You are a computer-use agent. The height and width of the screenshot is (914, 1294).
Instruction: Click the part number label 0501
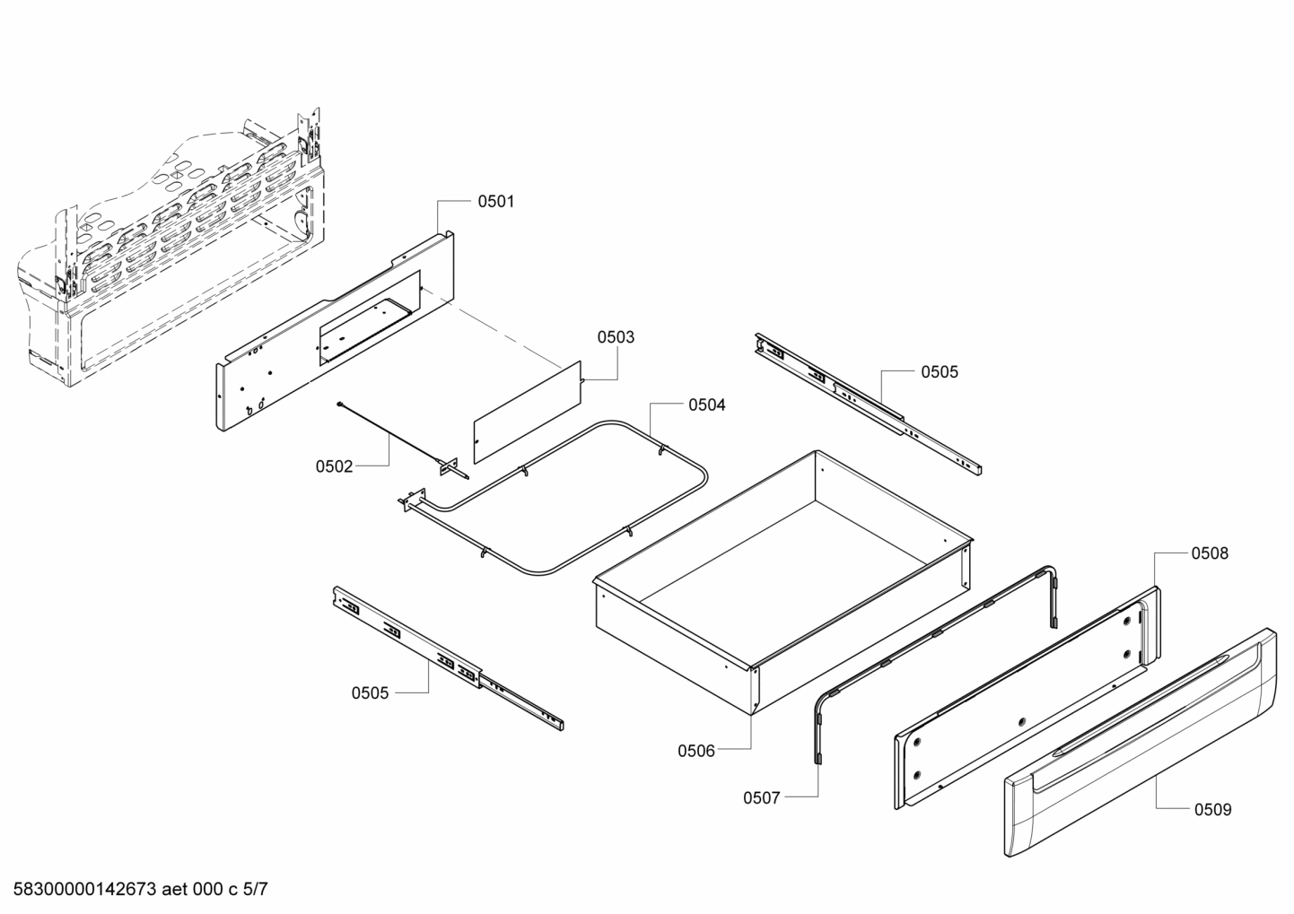pos(495,202)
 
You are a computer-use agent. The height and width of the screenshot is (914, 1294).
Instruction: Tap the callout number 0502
pos(334,466)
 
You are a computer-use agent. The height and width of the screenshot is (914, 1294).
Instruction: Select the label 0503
pos(616,337)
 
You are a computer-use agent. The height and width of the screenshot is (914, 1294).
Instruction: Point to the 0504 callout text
pos(707,405)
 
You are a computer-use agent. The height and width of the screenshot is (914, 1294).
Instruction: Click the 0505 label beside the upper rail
pos(940,372)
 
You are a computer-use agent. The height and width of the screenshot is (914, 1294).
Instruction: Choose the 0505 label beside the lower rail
pos(370,692)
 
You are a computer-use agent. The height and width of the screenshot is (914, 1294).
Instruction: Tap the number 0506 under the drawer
pos(696,751)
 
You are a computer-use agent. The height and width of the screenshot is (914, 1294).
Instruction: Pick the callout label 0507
pos(762,797)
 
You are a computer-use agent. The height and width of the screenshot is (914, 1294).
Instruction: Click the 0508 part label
pos(1210,553)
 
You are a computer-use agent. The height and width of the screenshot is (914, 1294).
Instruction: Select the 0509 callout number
pos(1212,810)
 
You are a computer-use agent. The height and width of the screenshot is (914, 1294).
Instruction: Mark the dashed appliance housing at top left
pos(170,251)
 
